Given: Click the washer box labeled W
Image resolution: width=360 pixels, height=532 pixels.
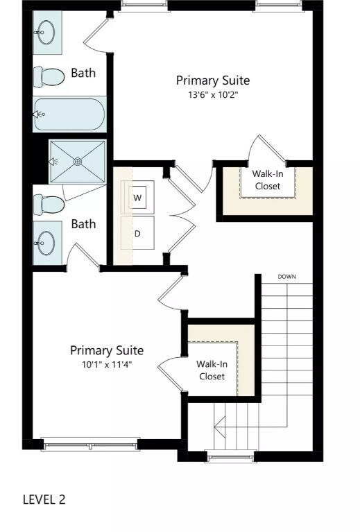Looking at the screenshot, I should click(x=139, y=198).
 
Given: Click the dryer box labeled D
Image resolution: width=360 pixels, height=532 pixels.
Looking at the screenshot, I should click(x=138, y=233).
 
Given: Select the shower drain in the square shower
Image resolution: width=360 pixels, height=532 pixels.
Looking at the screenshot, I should click(x=78, y=161).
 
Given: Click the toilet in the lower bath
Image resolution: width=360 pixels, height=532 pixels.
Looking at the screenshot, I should click(x=49, y=203).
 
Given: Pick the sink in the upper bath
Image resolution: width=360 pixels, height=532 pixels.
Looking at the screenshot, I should click(x=46, y=32).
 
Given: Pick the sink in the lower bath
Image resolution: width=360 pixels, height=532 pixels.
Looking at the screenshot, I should click(x=46, y=243).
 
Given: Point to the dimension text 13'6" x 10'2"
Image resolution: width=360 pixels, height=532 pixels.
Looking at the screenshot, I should click(x=212, y=95).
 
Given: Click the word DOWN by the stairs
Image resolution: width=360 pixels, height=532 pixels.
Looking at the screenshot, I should click(x=287, y=277).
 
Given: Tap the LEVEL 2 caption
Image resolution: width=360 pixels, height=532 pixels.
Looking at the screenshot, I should click(x=44, y=499).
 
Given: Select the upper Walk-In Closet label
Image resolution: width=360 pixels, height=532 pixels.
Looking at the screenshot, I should click(x=268, y=180).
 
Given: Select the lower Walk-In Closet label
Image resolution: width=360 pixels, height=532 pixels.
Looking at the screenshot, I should click(x=212, y=370).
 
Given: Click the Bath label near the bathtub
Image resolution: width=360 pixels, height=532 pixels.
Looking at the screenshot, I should click(x=83, y=73).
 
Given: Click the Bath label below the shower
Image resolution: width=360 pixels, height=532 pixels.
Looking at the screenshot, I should click(x=83, y=224).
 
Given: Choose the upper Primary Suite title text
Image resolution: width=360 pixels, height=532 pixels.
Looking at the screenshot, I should click(x=212, y=80).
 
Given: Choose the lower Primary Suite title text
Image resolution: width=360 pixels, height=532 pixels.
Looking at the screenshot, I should click(x=106, y=350).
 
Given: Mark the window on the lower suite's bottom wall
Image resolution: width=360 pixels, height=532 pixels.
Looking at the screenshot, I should click(x=89, y=444).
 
